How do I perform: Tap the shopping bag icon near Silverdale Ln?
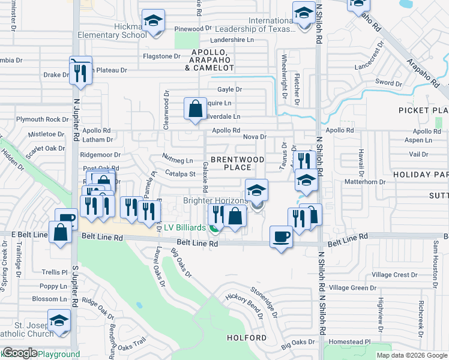(x=195, y=109)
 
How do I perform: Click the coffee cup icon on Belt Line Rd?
(x=281, y=236)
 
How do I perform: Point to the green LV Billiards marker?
(x=214, y=227)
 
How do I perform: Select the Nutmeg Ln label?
(x=178, y=160)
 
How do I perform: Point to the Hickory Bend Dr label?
(x=244, y=305)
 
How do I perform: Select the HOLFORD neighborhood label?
(x=247, y=338)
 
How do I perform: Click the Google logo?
(x=20, y=353)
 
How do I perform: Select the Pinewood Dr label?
(x=193, y=28)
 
